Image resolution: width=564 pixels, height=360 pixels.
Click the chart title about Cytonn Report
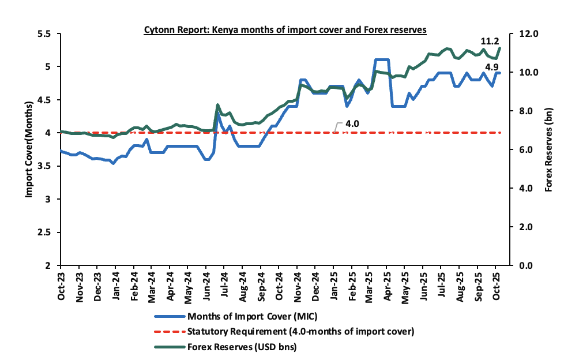pos(285,29)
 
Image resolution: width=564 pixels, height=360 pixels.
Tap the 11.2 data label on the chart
pos(490,42)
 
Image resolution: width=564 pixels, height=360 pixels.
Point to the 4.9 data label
pos(492,67)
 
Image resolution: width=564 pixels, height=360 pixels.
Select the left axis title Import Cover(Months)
pos(29,150)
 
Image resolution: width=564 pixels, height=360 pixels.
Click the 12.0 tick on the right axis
pos(529,34)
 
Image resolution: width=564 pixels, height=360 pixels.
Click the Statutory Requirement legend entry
pos(300,332)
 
